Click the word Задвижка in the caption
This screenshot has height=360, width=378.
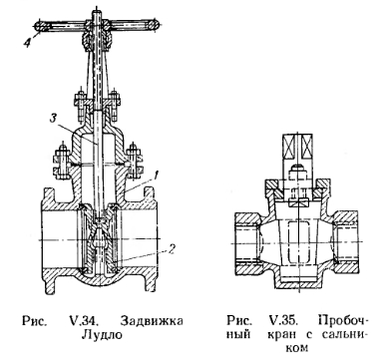click(x=152, y=321)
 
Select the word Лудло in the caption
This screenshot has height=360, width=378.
click(x=103, y=335)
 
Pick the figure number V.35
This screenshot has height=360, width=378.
click(x=282, y=321)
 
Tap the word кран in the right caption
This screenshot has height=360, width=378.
click(x=283, y=334)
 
